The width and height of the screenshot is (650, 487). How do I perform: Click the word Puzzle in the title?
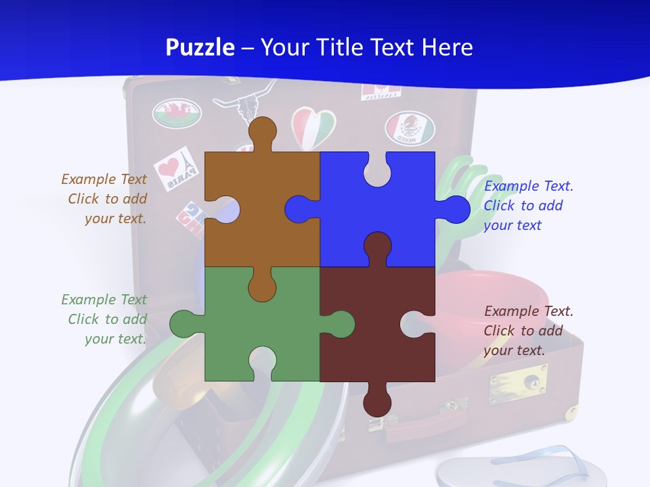(200, 47)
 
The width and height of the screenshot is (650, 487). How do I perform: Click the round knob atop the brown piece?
(262, 132)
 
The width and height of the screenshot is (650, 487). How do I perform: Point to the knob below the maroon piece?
(377, 402)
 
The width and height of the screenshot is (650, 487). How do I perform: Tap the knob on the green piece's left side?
(184, 323)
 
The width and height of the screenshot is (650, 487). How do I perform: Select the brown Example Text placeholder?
(104, 199)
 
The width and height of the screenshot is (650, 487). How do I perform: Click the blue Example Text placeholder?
(528, 206)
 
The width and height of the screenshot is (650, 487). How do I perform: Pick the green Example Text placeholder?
(104, 319)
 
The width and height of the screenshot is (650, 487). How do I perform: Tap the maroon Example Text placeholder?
(528, 331)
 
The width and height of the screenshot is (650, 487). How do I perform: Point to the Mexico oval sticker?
(410, 127)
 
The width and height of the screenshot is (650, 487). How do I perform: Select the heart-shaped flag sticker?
(313, 127)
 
